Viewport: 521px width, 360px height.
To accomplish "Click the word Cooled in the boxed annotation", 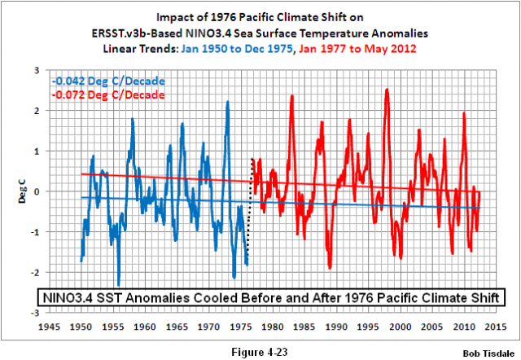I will tap(210, 295).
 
